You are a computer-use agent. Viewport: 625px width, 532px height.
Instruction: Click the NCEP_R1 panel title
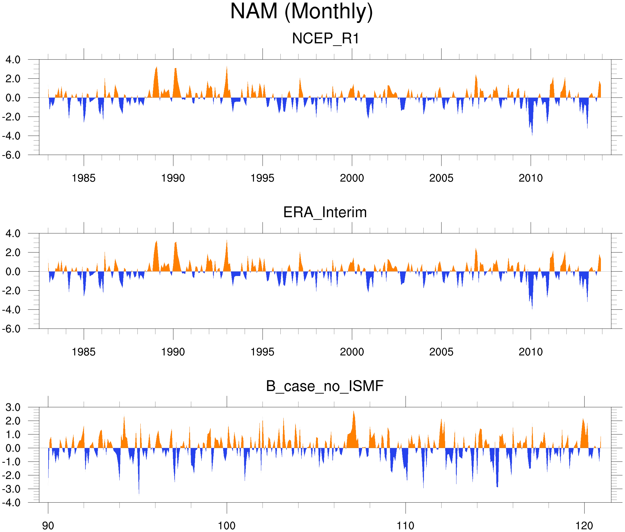(325, 39)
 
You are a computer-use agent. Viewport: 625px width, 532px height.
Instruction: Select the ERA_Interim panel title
(325, 212)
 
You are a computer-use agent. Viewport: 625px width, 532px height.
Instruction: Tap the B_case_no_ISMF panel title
(325, 386)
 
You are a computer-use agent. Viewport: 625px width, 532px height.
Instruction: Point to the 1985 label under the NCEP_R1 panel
(84, 178)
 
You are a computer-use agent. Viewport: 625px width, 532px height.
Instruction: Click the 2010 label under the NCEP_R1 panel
(531, 178)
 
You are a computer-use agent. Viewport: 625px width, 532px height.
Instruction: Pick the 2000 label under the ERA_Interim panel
(352, 352)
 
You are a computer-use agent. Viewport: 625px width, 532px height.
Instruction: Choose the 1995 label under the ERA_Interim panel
(262, 352)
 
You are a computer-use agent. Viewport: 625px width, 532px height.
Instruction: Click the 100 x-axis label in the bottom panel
(227, 526)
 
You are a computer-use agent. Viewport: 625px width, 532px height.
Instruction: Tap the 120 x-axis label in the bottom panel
(584, 526)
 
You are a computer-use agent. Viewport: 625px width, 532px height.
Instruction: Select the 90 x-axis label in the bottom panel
(48, 526)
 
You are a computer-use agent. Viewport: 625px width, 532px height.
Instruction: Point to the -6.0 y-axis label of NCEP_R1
(11, 155)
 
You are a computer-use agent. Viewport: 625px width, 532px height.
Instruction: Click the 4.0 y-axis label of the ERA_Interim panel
(13, 234)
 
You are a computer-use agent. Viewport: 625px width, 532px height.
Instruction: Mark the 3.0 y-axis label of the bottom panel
(13, 407)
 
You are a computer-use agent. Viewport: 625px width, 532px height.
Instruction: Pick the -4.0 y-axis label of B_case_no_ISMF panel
(11, 503)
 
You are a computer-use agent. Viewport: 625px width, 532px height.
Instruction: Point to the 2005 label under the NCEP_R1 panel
(441, 178)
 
